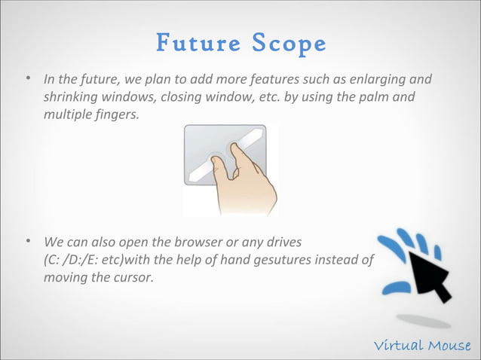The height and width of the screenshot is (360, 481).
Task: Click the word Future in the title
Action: coord(193,44)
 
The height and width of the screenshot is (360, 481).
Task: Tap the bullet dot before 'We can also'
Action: coord(27,243)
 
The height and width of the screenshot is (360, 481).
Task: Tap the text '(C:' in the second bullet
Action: coord(54,261)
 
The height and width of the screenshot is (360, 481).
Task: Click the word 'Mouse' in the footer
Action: coord(450,346)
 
